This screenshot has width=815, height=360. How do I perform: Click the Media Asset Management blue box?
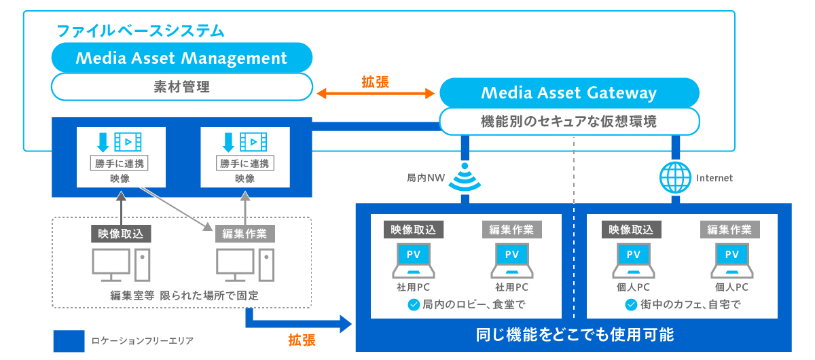tap(182, 58)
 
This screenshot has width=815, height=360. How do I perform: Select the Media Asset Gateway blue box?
tap(569, 92)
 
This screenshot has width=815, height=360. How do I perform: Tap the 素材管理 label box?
tap(182, 87)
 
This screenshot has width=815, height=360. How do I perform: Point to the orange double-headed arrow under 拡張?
tap(376, 93)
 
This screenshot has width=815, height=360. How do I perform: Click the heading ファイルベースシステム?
tap(140, 31)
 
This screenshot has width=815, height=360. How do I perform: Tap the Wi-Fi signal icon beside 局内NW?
tap(465, 178)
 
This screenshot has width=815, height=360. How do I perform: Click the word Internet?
tap(714, 178)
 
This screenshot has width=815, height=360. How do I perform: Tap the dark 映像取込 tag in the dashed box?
tap(120, 234)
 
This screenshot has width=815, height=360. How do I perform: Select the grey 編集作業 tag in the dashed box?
tap(245, 234)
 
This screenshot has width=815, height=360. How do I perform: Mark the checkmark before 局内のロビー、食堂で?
tap(413, 305)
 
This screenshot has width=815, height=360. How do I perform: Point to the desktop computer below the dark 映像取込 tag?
tap(120, 265)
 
